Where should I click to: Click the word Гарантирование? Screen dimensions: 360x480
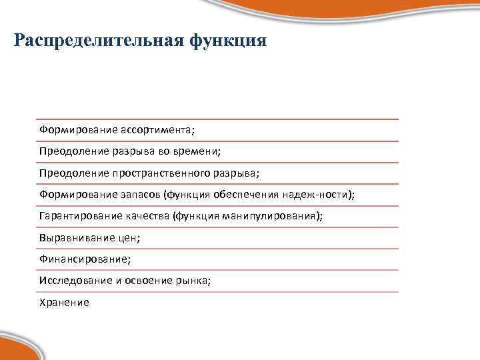click(75, 216)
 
